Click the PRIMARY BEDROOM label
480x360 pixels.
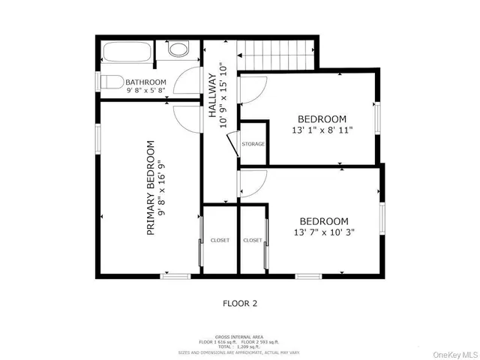[x=151, y=188]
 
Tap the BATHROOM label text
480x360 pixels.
[x=145, y=82]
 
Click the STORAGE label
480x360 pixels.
[x=253, y=143]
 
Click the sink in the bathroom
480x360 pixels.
[x=178, y=50]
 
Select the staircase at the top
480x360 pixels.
[x=275, y=54]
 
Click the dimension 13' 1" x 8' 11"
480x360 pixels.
[x=322, y=130]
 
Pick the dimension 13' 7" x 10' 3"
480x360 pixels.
[x=324, y=232]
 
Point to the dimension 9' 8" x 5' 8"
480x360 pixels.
[x=145, y=91]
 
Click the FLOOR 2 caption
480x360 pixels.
[x=240, y=304]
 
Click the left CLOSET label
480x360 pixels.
[x=220, y=240]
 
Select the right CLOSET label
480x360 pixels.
[x=253, y=240]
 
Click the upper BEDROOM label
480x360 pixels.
[x=322, y=118]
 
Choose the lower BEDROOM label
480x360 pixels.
[x=324, y=221]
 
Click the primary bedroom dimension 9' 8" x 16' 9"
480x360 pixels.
[x=163, y=188]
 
